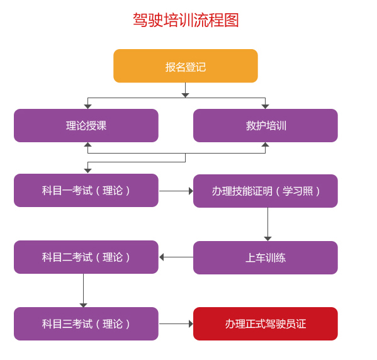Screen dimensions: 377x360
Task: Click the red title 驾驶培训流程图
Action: (x=186, y=20)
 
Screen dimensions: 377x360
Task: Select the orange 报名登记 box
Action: (x=186, y=66)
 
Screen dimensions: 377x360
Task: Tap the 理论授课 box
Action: (x=86, y=125)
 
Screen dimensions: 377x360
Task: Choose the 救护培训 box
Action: (x=266, y=125)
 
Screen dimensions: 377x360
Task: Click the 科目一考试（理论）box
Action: (x=86, y=191)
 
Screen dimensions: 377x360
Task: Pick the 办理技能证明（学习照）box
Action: (x=266, y=191)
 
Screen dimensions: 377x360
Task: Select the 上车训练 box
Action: (x=266, y=257)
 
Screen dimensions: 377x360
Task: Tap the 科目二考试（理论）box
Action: (x=86, y=257)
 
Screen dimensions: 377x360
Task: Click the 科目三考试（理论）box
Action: (x=86, y=323)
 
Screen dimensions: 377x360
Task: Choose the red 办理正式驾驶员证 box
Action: (x=266, y=323)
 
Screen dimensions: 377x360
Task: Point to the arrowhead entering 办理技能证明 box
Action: (x=191, y=191)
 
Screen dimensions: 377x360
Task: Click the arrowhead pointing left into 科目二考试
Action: (x=161, y=257)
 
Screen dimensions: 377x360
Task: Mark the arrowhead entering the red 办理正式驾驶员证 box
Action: (x=191, y=324)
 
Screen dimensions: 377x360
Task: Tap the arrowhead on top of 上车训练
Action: (x=267, y=239)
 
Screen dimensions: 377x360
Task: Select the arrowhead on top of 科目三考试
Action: (x=84, y=305)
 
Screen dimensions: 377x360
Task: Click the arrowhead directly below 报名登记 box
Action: (x=185, y=96)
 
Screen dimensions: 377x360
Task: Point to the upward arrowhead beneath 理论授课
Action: (x=87, y=145)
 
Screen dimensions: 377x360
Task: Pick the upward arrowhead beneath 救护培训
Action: (x=265, y=145)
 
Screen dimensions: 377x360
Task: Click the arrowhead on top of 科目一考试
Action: (x=87, y=171)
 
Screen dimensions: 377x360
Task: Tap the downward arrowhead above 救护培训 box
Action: (x=265, y=106)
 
